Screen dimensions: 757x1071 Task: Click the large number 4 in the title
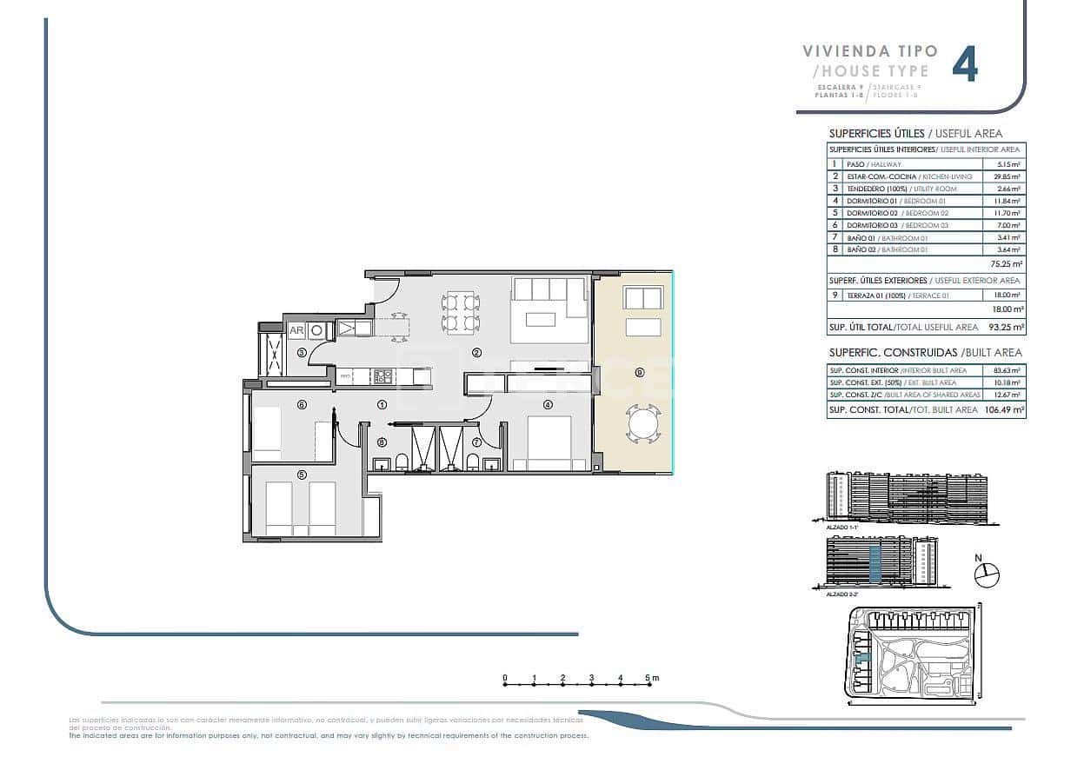(x=965, y=65)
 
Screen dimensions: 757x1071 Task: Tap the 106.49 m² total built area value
(x=1005, y=409)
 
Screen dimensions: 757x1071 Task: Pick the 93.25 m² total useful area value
(x=1005, y=327)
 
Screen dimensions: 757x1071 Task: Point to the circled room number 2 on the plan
(x=476, y=352)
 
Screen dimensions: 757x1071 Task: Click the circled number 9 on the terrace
(x=639, y=372)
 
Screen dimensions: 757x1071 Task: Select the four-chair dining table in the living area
(x=460, y=313)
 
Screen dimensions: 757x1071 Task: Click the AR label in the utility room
(x=296, y=330)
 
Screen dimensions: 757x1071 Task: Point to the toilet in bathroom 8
(x=402, y=462)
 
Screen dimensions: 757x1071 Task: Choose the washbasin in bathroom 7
(x=491, y=462)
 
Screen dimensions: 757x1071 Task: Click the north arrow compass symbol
(x=987, y=573)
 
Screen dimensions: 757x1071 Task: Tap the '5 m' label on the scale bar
(x=651, y=677)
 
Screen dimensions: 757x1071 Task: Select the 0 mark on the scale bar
(x=505, y=677)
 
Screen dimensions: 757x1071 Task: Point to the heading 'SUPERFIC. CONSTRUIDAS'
(x=892, y=352)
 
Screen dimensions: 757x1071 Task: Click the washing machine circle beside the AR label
(x=317, y=329)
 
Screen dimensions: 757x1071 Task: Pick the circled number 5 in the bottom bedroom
(x=302, y=474)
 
